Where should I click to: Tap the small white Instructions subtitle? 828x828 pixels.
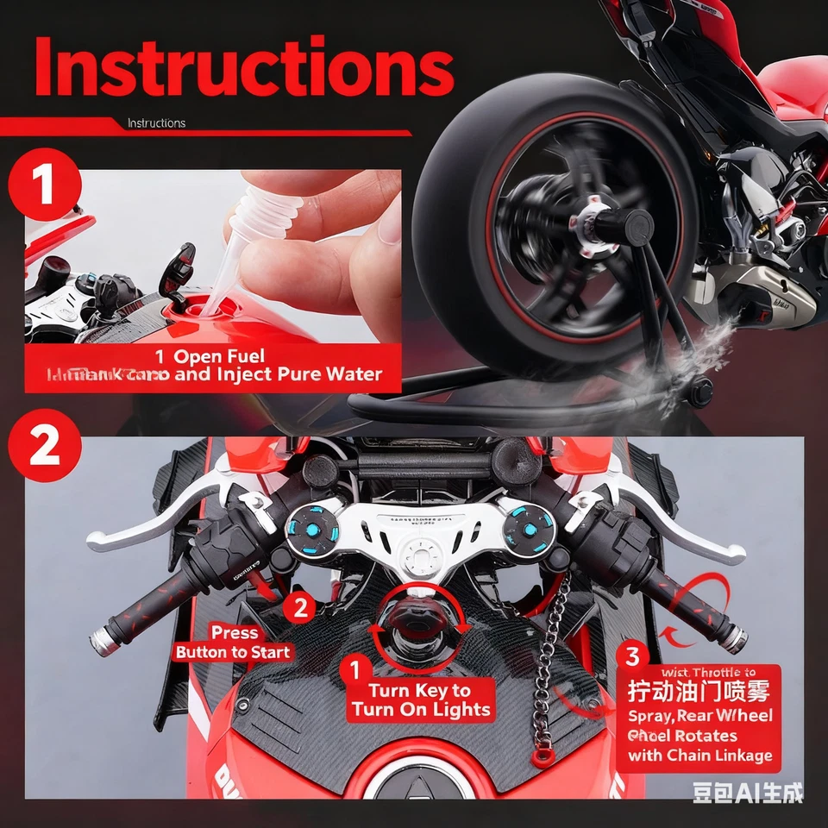[x=156, y=123]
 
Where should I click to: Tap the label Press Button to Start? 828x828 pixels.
[x=233, y=643]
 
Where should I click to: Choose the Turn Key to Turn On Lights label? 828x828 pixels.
[x=421, y=700]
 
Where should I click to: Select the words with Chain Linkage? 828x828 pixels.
[x=699, y=756]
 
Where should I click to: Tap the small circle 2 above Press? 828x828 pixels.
[x=300, y=607]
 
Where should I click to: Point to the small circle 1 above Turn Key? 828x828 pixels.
[x=353, y=668]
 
